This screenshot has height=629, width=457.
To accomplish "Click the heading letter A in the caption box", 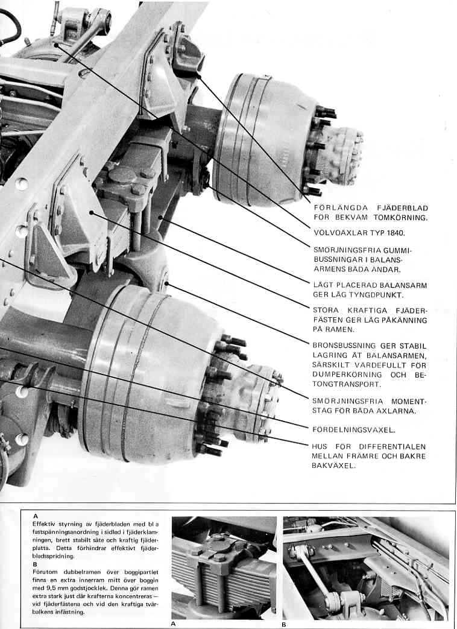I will pos(36,517).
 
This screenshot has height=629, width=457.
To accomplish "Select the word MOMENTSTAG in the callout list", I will pos(400,400).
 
